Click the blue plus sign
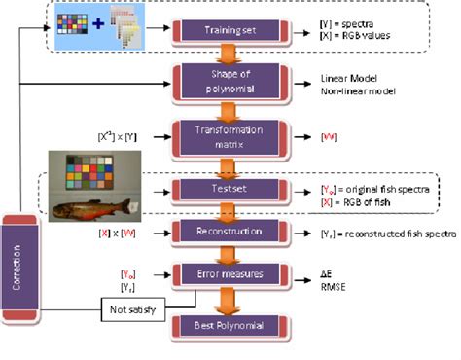pyautogui.click(x=97, y=20)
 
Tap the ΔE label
pyautogui.click(x=327, y=275)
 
